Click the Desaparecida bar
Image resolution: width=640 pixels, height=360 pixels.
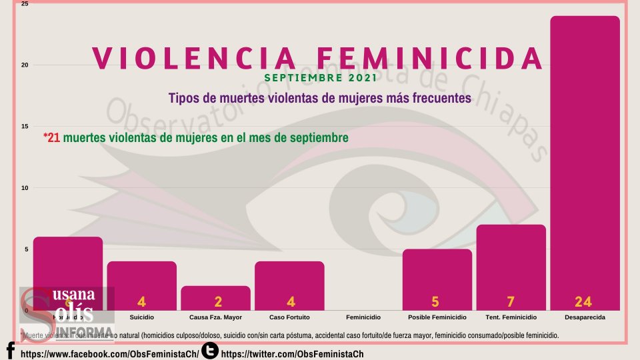point(585,163)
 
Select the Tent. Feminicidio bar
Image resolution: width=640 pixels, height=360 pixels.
point(511,267)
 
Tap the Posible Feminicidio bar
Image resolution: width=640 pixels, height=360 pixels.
point(437,280)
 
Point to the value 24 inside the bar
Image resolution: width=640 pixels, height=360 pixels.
point(583,302)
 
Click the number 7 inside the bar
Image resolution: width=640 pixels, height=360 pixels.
point(510,302)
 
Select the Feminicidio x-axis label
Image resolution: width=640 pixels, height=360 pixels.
point(363,317)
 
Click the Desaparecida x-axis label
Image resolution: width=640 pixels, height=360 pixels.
point(584,317)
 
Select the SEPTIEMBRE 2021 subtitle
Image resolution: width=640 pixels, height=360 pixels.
point(319,78)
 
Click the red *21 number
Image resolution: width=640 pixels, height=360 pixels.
point(52,137)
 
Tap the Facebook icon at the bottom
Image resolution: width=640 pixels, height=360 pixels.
point(10,351)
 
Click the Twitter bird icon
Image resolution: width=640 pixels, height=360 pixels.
point(210,350)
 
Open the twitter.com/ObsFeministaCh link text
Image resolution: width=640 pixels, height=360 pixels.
point(292,353)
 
